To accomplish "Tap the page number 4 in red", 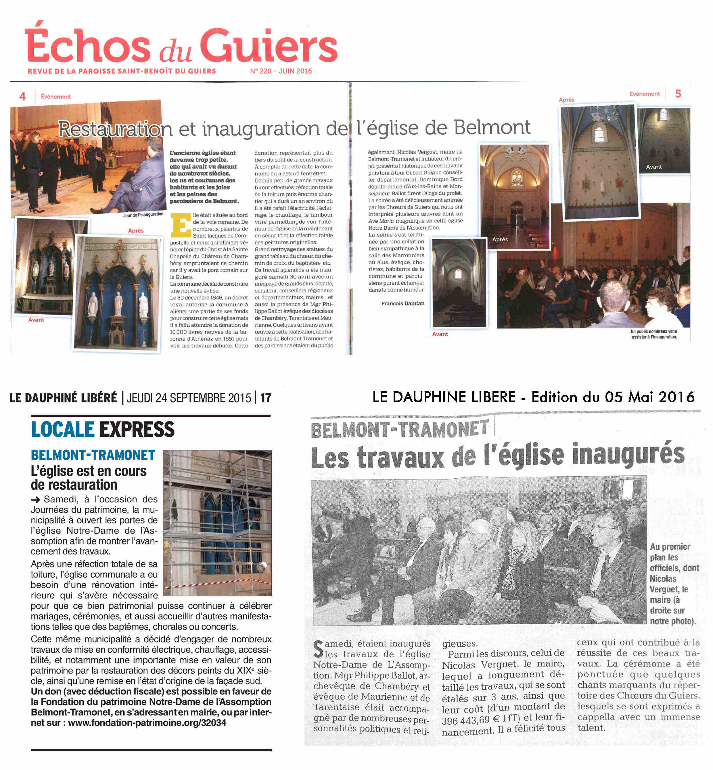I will (23, 97).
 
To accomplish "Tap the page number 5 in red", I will (678, 94).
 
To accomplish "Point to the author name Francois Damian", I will (402, 303).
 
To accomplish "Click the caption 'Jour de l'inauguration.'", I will (143, 214).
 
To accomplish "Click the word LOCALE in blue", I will (62, 430).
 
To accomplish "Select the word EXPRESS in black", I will (137, 430).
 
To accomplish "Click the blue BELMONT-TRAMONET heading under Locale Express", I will (93, 455).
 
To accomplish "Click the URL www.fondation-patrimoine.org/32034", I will (147, 723).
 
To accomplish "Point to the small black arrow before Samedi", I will (35, 500).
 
